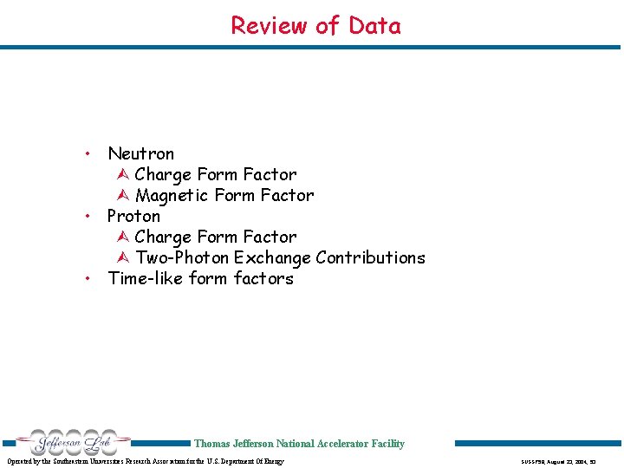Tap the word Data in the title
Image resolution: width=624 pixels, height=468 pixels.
(374, 26)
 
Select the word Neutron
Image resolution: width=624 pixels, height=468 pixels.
(140, 154)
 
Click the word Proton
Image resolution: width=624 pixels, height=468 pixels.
(133, 217)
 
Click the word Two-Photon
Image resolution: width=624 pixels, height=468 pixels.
(182, 258)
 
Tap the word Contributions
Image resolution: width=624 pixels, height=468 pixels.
(370, 258)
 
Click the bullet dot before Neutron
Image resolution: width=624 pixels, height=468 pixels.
(88, 154)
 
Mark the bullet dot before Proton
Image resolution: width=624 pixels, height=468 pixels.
(88, 217)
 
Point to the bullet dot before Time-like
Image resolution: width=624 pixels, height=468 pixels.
(88, 279)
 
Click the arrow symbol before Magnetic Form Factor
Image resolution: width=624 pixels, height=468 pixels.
(122, 196)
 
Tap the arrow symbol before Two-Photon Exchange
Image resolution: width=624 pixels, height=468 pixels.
(122, 258)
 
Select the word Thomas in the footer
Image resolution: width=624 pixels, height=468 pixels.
(211, 444)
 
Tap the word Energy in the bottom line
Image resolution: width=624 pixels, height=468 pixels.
(270, 461)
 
